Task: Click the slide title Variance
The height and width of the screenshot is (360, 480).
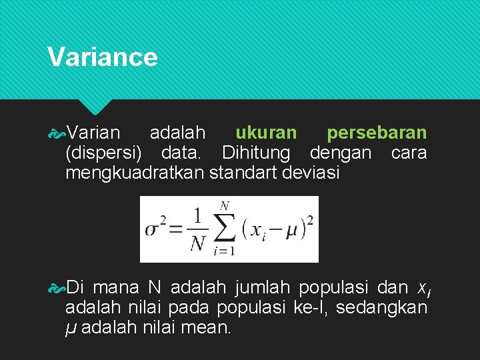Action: [x=103, y=57]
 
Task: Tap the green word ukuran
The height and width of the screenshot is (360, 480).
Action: [x=266, y=133]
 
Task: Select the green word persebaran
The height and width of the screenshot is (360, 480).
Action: [x=377, y=133]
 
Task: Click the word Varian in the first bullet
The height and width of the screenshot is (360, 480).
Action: [x=93, y=133]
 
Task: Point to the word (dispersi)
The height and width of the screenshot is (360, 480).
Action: [x=103, y=153]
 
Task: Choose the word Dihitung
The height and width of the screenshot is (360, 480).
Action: [x=256, y=153]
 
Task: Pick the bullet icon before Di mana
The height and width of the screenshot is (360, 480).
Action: [x=57, y=288]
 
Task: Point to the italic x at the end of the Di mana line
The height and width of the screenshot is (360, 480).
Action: [x=421, y=289]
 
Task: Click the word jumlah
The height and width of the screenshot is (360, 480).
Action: [x=262, y=288]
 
